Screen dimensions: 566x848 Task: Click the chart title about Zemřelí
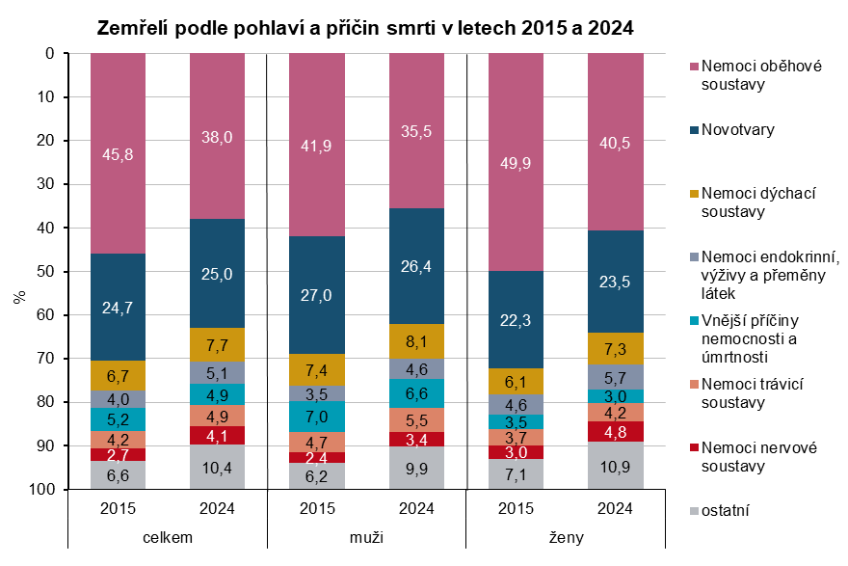pos(365,28)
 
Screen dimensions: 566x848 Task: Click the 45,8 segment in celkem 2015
pos(118,153)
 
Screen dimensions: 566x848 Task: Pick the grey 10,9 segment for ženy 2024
pos(615,466)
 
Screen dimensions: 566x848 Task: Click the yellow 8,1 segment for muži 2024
pos(416,340)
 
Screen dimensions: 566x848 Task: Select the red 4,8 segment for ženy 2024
pos(615,431)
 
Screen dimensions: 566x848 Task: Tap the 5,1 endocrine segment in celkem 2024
pos(217,372)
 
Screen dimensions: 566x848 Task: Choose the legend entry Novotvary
pos(738,128)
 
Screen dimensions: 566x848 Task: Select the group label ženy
pos(565,538)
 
